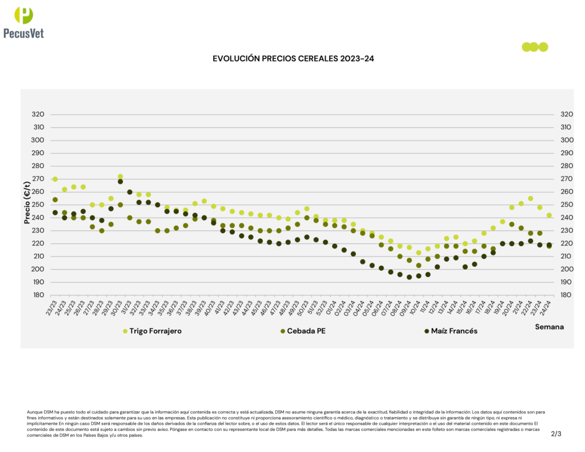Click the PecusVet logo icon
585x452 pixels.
[23, 15]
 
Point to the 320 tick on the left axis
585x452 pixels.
[38, 114]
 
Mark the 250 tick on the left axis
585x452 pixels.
[38, 205]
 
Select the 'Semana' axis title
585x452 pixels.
[549, 327]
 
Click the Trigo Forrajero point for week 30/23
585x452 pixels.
[121, 177]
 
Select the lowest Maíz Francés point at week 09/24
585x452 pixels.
[409, 277]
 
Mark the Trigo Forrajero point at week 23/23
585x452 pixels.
[55, 179]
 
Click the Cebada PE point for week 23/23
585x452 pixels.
[55, 200]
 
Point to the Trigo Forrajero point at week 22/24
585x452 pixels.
[531, 198]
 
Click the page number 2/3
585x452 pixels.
[556, 434]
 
